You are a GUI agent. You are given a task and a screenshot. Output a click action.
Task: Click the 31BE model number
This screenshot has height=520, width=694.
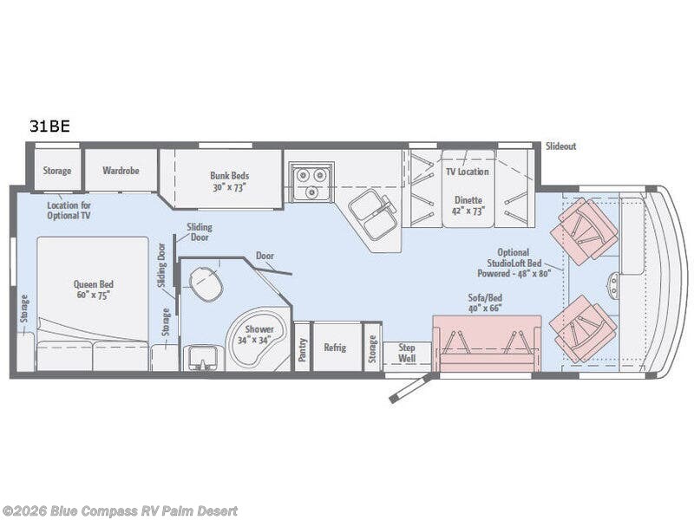click(49, 127)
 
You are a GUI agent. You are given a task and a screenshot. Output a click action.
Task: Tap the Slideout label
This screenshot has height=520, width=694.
click(560, 146)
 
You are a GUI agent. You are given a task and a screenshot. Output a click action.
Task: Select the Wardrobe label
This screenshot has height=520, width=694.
click(121, 171)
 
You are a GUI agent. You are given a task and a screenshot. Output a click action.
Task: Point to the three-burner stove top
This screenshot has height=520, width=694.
click(311, 181)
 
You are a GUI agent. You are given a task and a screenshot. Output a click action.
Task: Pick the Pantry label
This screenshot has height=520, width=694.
click(302, 350)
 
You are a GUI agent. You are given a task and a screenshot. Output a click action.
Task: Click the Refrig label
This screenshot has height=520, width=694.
click(335, 348)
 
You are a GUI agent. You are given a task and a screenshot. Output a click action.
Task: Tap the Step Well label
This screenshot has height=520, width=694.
click(407, 353)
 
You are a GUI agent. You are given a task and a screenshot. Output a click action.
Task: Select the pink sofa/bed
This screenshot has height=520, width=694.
click(487, 344)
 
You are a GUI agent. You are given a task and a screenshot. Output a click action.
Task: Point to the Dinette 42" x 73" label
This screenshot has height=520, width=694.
click(468, 205)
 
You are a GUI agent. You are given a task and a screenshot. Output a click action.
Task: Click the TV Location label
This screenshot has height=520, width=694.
click(468, 172)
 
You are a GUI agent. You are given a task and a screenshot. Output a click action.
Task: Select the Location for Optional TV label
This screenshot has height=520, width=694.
click(69, 211)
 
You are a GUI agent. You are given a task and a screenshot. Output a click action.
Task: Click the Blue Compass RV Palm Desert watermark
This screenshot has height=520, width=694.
click(119, 511)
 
